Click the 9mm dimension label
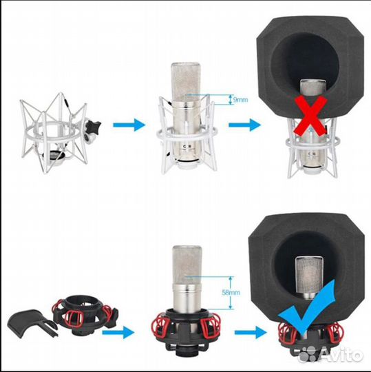240,100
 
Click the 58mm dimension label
231,293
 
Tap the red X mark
310,116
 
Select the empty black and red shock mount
85,315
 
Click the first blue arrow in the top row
129,125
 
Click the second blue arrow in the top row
244,125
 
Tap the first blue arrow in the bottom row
118,332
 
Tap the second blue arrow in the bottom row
251,332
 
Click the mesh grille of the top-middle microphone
186,82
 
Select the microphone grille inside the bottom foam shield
309,275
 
